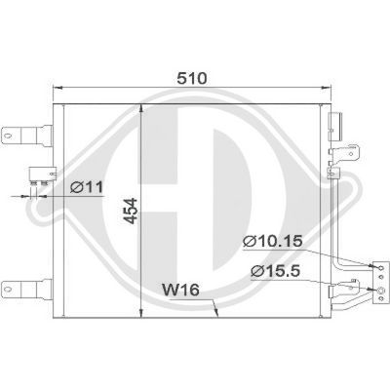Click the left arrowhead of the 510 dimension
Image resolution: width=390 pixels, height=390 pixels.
[x=52, y=85]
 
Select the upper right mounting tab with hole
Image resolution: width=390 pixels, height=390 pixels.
[x=351, y=150]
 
